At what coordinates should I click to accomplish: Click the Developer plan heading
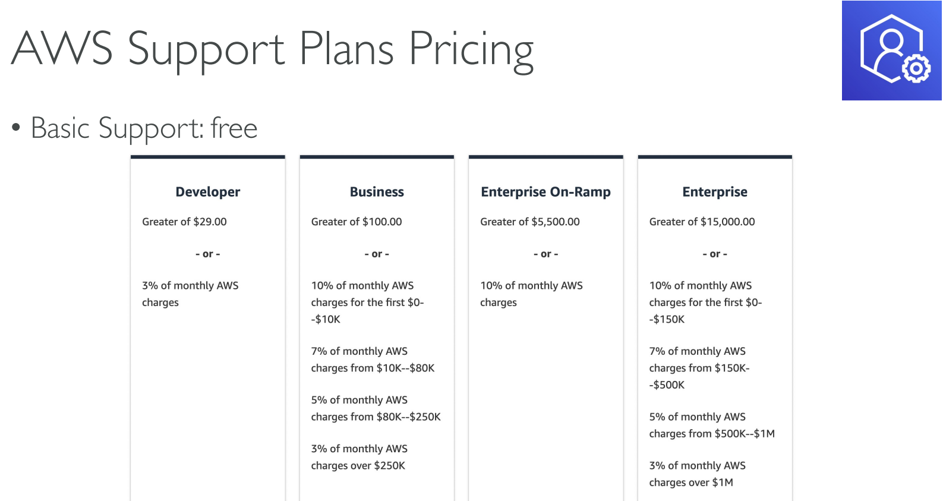pyautogui.click(x=207, y=192)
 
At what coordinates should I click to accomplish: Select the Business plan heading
pyautogui.click(x=377, y=192)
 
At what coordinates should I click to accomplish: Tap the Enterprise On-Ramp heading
pyautogui.click(x=545, y=192)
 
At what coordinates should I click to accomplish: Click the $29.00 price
pyautogui.click(x=210, y=222)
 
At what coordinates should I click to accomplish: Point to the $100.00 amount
pyautogui.click(x=382, y=222)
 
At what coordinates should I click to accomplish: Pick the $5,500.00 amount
pyautogui.click(x=555, y=222)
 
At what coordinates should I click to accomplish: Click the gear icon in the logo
pyautogui.click(x=916, y=68)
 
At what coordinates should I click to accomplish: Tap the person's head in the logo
pyautogui.click(x=891, y=41)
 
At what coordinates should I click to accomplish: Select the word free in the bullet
pyautogui.click(x=234, y=128)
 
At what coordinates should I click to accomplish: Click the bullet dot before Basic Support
pyautogui.click(x=16, y=128)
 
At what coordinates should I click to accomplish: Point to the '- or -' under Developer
pyautogui.click(x=207, y=254)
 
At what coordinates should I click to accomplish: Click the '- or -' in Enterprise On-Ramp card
pyautogui.click(x=545, y=254)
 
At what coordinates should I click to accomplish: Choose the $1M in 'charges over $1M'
pyautogui.click(x=723, y=483)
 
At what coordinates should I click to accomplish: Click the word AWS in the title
pyautogui.click(x=62, y=48)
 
